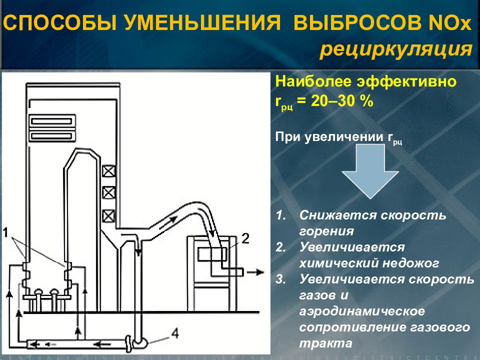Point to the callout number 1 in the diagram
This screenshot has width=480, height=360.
(5, 232)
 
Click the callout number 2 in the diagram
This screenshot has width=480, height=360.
(245, 237)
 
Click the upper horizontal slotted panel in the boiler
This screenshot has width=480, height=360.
(52, 120)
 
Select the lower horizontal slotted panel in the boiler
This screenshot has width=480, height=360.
(52, 135)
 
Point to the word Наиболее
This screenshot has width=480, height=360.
(305, 81)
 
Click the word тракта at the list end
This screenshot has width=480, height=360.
(325, 343)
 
